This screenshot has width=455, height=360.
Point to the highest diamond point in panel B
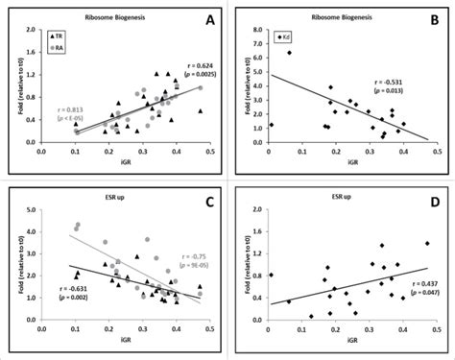tap(288, 52)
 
